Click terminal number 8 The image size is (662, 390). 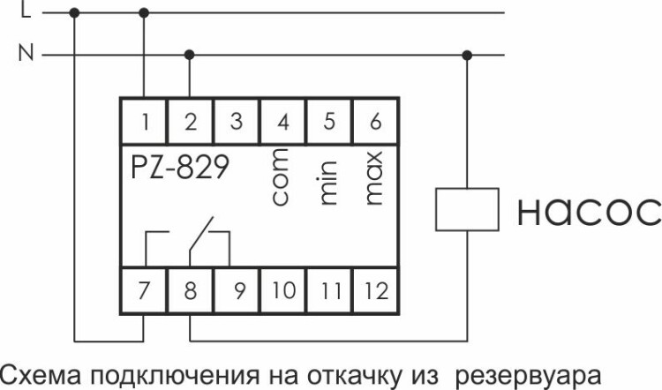pos(190,290)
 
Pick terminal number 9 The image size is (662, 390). pos(236,290)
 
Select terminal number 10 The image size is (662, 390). pos(282,290)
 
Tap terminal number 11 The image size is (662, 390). pos(329,290)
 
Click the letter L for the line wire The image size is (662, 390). pos(25,12)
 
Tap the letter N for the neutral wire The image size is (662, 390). pos(25,55)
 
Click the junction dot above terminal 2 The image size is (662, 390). pos(189,55)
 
